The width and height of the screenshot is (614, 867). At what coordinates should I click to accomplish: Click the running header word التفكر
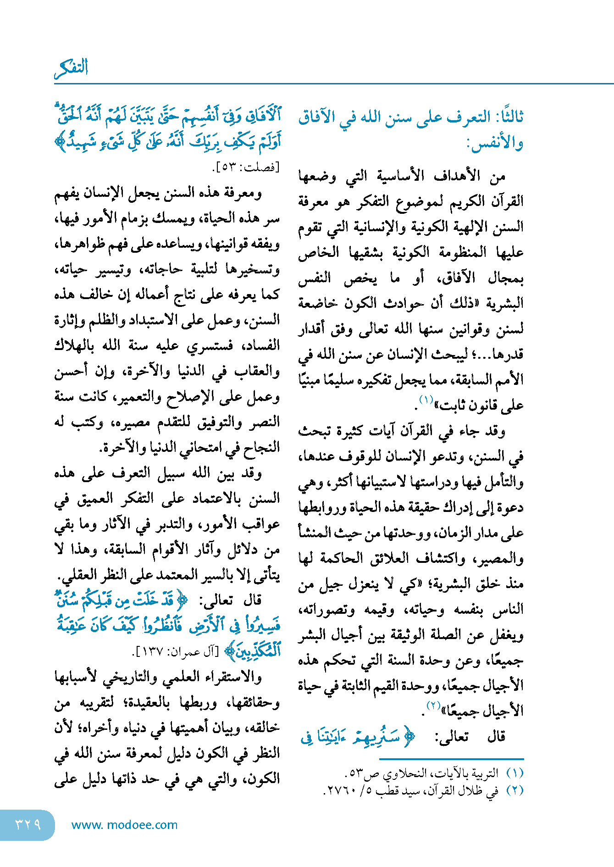pyautogui.click(x=72, y=68)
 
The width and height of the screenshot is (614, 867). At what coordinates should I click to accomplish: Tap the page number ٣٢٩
pyautogui.click(x=28, y=825)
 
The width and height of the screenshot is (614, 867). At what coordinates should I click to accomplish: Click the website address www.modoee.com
pyautogui.click(x=124, y=825)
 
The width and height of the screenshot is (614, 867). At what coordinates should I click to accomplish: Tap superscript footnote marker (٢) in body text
pyautogui.click(x=433, y=705)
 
